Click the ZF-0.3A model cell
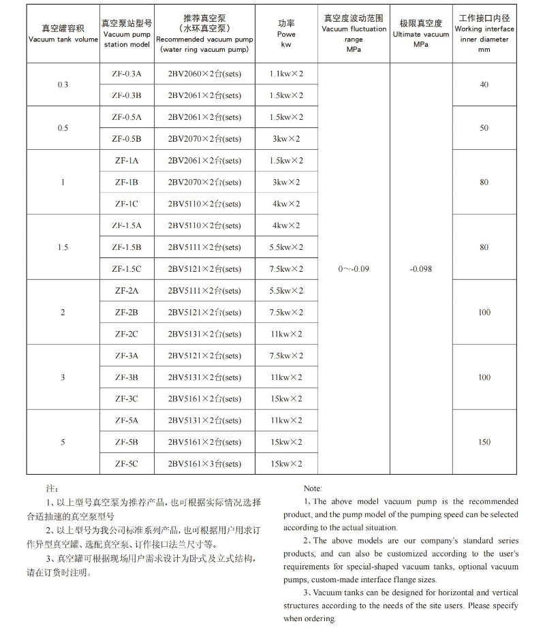pos(127,74)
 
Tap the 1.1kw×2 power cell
pos(286,74)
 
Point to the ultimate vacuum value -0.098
pos(421,269)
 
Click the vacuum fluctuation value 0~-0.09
pos(354,269)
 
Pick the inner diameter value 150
pos(484,442)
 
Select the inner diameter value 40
pos(484,84)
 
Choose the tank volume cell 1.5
pos(63,247)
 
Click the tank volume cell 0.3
pos(63,84)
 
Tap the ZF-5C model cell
pos(127,464)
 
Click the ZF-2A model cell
pos(127,291)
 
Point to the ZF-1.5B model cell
pos(127,247)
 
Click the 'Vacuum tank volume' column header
pos(63,34)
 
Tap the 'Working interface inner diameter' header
pos(484,34)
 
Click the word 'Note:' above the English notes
pos(313,488)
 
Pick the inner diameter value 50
pos(484,128)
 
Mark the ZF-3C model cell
pos(127,399)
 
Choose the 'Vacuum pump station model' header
pos(127,33)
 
